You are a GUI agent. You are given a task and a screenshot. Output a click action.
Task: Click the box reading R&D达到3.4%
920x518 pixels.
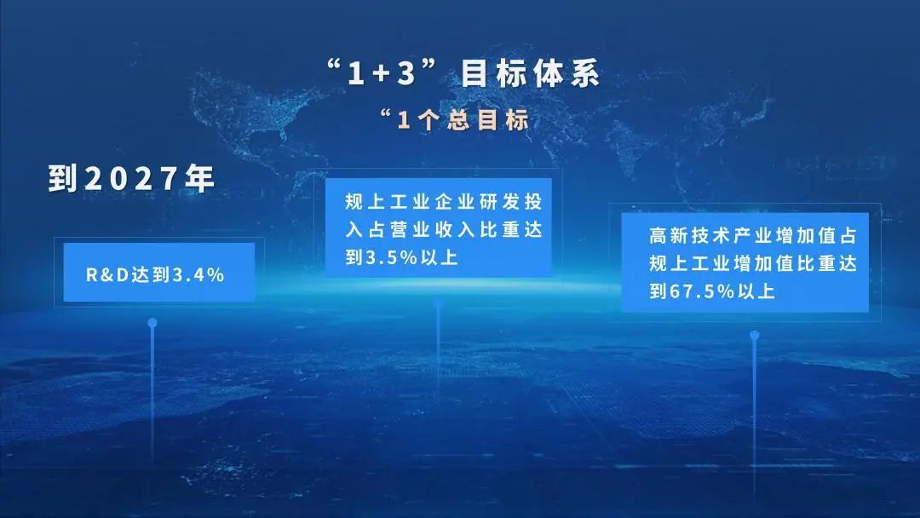(159, 273)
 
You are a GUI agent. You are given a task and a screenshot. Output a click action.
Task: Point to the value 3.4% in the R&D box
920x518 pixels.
(198, 274)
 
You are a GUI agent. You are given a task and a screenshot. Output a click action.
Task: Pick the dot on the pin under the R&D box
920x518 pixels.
(152, 323)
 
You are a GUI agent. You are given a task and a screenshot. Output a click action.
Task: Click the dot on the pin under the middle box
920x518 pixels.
(438, 303)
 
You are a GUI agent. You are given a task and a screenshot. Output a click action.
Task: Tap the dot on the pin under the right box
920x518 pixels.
(754, 335)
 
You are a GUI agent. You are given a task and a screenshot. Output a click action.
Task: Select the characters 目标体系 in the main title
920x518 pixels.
(530, 74)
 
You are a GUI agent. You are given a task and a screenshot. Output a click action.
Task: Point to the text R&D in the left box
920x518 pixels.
(104, 274)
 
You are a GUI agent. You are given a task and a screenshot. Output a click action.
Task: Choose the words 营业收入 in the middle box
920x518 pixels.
(427, 230)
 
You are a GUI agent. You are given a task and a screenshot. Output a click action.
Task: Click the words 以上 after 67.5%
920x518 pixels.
(756, 291)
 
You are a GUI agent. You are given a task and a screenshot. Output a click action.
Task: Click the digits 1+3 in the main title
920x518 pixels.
(382, 75)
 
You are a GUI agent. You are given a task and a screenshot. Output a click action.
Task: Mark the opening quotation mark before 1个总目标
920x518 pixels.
(388, 114)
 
